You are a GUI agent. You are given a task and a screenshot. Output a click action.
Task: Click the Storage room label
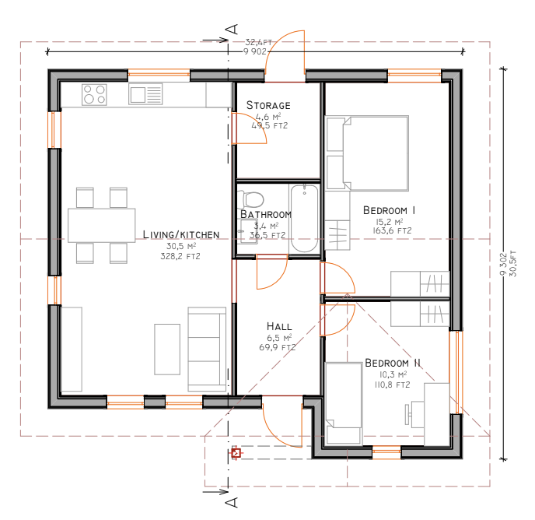click(x=268, y=105)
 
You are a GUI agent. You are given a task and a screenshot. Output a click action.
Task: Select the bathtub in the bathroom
click(x=304, y=219)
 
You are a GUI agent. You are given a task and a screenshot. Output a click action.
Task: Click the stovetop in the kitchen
click(x=94, y=95)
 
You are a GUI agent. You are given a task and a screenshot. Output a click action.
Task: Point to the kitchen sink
click(x=145, y=95)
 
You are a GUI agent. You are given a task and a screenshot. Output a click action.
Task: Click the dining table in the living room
click(x=101, y=226)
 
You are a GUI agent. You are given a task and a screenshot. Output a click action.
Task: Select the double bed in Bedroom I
click(x=367, y=153)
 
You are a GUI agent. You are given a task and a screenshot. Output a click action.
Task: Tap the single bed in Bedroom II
click(x=344, y=404)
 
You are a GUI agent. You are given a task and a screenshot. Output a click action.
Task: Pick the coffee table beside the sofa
click(x=167, y=350)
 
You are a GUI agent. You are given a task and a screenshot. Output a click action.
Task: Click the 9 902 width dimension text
click(x=254, y=51)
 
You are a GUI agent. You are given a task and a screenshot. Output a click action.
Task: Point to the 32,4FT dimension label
click(x=258, y=42)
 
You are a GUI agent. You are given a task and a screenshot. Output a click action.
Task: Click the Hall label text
click(x=279, y=326)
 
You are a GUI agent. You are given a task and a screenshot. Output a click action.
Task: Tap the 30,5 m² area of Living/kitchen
click(x=181, y=246)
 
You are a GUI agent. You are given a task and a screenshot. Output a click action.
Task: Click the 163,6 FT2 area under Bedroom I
click(x=392, y=230)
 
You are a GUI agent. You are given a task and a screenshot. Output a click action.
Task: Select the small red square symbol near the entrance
click(x=236, y=453)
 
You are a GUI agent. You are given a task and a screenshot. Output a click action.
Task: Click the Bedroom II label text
click(x=393, y=363)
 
